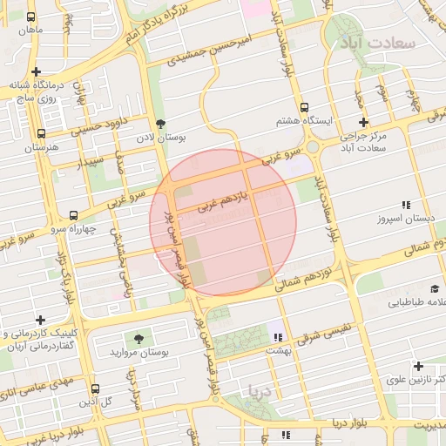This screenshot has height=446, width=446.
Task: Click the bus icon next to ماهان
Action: point(31,17)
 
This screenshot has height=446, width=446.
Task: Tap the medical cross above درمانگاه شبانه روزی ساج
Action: point(36,72)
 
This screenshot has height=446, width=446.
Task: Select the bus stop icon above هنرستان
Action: point(41,134)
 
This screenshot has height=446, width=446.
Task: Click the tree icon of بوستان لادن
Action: point(160,124)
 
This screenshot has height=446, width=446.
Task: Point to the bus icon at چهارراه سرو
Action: point(73,214)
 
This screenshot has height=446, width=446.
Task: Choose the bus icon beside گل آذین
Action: point(95,389)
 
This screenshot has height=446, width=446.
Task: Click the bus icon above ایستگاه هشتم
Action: point(304,106)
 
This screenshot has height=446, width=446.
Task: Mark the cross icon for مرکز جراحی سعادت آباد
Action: point(363,122)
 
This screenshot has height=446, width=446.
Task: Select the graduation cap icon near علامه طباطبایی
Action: point(434,288)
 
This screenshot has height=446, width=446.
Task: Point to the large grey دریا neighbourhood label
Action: point(260,391)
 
